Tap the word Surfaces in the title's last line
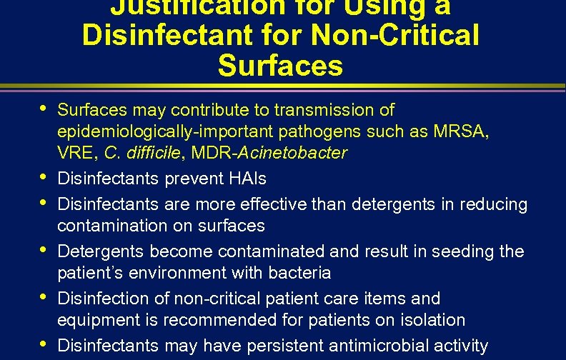pyautogui.click(x=280, y=66)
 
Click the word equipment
pyautogui.click(x=94, y=320)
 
